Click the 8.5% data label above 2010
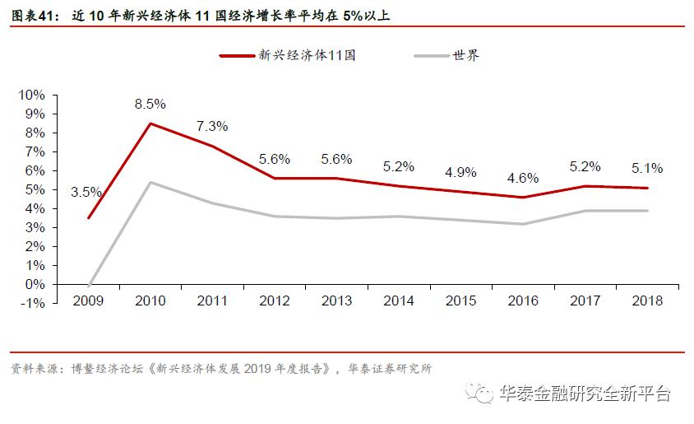pos(150,105)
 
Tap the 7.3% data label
pos(212,127)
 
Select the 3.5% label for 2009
pos(86,192)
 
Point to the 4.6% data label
pos(523,178)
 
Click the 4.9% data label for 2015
pos(460,172)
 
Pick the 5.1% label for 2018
pos(646,168)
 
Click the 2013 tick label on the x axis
pos(336,301)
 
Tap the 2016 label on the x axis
pos(523,301)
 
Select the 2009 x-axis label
pos(88,301)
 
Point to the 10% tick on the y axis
pos(31,95)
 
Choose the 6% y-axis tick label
pos(35,170)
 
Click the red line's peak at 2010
pos(150,123)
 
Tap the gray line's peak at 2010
pos(150,182)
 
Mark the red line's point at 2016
pos(523,198)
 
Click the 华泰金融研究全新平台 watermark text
pos(585,394)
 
